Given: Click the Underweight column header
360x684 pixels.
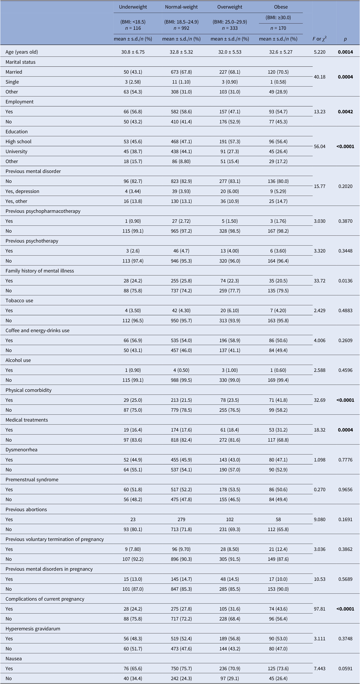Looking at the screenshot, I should (x=133, y=7).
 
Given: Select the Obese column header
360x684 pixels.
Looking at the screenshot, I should (x=281, y=7).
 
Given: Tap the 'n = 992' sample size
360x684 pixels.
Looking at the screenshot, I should (x=181, y=28).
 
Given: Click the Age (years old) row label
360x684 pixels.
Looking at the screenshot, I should (x=22, y=52).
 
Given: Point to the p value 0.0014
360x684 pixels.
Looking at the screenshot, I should (x=345, y=52).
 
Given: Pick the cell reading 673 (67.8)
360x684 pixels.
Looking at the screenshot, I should (x=181, y=72).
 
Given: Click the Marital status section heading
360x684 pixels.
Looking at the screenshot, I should (x=21, y=62).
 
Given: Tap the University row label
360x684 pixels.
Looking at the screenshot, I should (x=16, y=151).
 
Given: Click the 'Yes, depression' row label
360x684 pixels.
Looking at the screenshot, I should (x=22, y=191).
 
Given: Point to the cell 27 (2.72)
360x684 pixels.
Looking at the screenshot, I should (x=181, y=221).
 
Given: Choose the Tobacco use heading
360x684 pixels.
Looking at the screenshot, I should (x=19, y=301).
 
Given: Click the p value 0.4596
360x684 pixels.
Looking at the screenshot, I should (x=345, y=370).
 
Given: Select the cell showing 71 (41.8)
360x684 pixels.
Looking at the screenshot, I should (x=278, y=400).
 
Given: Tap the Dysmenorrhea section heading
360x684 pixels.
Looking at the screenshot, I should (x=22, y=450).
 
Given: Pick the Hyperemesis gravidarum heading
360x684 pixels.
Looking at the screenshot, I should (x=33, y=629).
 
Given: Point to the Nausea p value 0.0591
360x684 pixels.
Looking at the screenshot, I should (x=345, y=669).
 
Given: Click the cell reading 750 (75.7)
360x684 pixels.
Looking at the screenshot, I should (x=181, y=669).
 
